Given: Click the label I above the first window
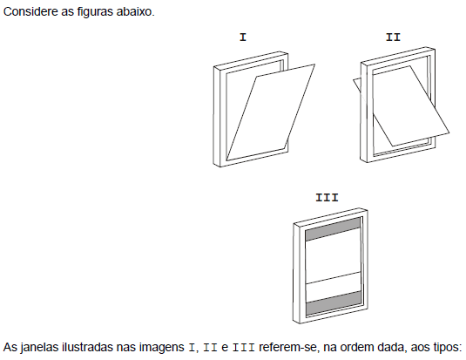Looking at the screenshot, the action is pos(243,37).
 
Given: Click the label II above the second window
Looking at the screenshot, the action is pos(393,37).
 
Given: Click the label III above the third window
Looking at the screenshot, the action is pos(327,198).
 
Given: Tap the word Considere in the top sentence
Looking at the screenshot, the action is pos(30,12).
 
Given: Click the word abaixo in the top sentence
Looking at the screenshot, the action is pos(135,12).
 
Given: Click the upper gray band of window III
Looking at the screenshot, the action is pos(333,229).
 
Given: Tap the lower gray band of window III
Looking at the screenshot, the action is pos(334,303).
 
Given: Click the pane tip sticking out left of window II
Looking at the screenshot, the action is pos(357,84).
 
